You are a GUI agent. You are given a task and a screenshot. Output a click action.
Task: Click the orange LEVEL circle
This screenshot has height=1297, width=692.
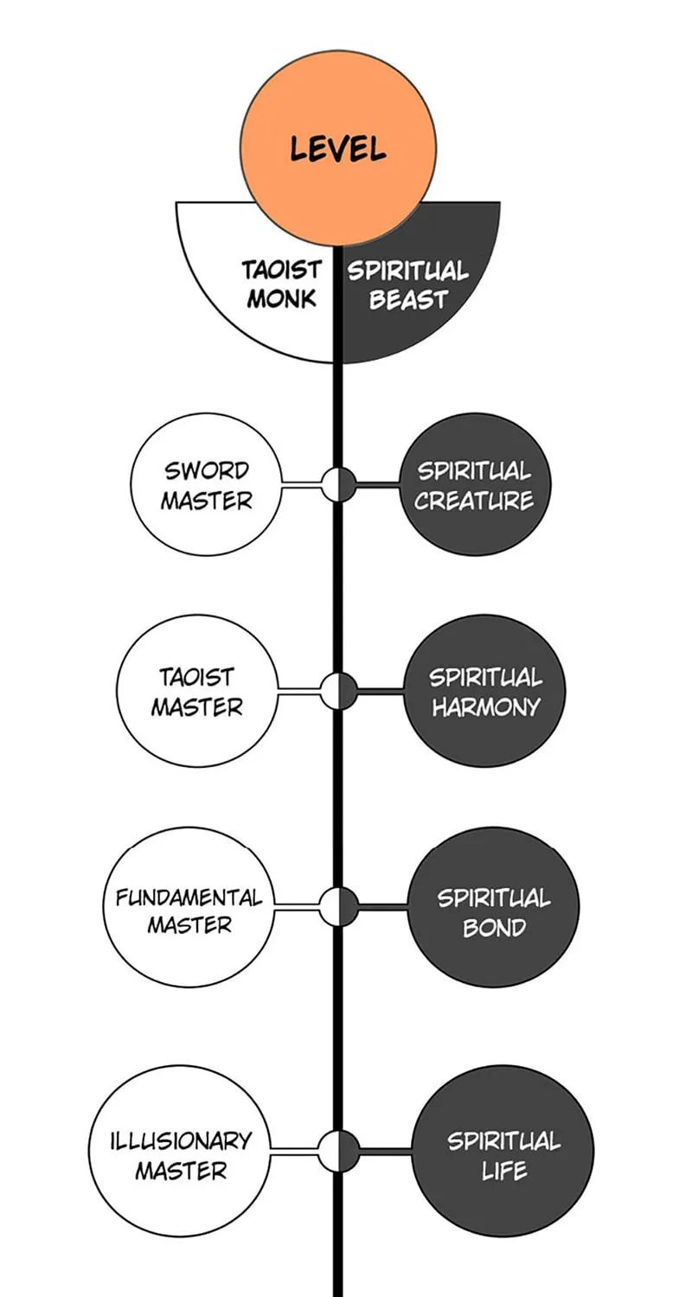[x=338, y=148]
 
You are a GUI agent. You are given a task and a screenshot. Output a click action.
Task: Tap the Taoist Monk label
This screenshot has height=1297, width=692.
[x=281, y=284]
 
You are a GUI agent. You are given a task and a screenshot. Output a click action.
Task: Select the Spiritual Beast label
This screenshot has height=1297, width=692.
[x=408, y=285]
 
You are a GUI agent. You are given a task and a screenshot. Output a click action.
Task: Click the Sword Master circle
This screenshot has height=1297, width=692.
[x=207, y=484]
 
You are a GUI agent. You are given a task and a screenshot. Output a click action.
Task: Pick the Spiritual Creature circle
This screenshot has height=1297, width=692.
[x=474, y=484]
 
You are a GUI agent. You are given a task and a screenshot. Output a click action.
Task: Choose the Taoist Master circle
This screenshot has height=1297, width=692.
[x=197, y=692]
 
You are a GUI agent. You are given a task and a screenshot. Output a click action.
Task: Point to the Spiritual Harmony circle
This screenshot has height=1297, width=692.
[x=484, y=692]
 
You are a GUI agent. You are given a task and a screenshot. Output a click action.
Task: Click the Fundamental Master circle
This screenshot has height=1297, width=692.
[x=189, y=907]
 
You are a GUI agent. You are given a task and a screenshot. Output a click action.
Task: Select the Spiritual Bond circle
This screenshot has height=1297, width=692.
[x=494, y=907]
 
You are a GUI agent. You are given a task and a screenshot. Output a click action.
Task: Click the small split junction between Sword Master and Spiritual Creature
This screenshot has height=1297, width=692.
[x=338, y=484]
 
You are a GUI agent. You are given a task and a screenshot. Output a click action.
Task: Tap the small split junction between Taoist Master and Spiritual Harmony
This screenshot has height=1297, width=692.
[x=338, y=692]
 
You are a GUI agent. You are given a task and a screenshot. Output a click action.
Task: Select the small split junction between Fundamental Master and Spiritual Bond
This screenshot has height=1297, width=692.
[x=339, y=906]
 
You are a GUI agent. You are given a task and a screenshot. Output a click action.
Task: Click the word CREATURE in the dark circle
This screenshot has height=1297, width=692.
[x=474, y=501]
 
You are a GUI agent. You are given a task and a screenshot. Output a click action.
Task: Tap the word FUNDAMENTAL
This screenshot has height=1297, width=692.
[x=189, y=898]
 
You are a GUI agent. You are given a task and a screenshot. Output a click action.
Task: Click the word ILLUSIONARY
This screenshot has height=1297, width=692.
[x=181, y=1141]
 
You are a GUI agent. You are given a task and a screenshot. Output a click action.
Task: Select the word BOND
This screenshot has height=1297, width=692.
[x=494, y=928]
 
